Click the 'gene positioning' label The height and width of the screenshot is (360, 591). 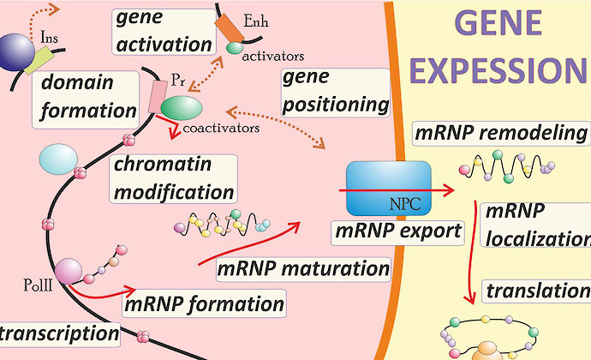[x=335, y=91]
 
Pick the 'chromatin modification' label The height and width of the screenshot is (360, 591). [x=172, y=177]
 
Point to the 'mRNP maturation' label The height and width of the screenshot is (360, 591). [x=303, y=268]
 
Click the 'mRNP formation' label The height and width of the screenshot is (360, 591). [x=204, y=303]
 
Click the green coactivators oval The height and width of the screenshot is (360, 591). [x=182, y=107]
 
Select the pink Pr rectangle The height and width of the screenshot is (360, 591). [x=158, y=97]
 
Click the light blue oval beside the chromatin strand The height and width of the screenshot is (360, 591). [x=59, y=159]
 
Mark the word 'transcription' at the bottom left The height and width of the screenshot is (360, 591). [x=58, y=332]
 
